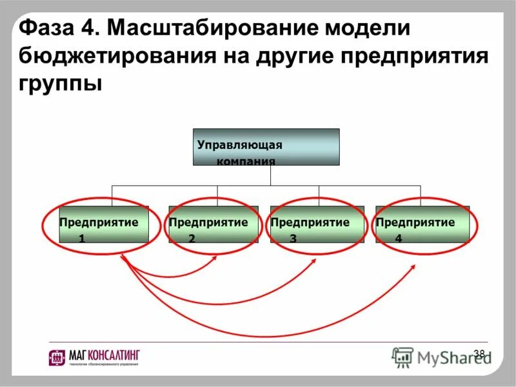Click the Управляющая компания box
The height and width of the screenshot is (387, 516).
pos(266,147)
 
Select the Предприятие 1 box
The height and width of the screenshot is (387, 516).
pos(103,224)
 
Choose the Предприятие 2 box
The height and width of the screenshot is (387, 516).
pos(213,224)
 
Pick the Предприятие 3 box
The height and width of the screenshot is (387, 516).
pos(317,224)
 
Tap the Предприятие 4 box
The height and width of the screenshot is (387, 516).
pos(422,224)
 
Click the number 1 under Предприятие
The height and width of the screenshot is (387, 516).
pos(82,239)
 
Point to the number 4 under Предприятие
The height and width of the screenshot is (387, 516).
pos(399,239)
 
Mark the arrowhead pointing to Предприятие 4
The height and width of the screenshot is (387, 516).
pos(413,266)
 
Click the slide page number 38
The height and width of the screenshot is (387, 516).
pos(479,353)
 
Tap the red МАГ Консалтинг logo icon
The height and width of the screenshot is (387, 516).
pos(57,357)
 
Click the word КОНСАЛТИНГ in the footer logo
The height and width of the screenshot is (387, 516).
pos(116,355)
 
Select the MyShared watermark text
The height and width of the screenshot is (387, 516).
pos(451,357)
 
